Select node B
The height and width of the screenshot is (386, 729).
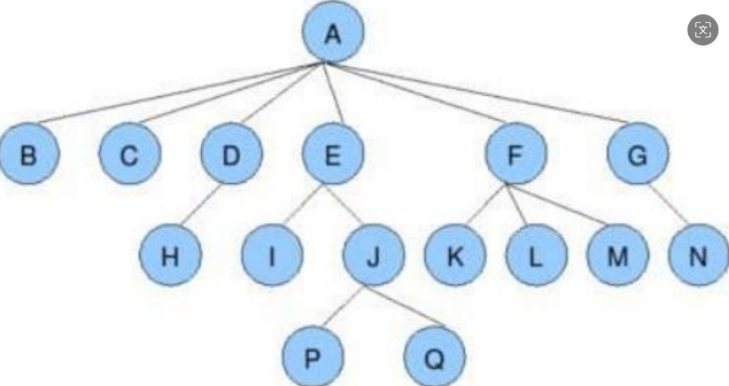[x=28, y=154]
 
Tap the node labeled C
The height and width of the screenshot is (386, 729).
[x=129, y=154]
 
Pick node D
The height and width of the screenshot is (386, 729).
[x=231, y=154]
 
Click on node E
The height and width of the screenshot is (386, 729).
[x=333, y=154]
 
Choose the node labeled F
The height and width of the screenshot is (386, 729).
[x=515, y=154]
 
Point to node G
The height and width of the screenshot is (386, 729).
[x=638, y=154]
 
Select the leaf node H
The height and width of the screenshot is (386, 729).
[x=169, y=256]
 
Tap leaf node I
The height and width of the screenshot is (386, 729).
[x=272, y=256]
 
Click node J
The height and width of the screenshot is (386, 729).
[x=374, y=256]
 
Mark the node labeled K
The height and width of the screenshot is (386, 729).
[x=455, y=256]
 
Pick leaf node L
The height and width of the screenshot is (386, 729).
[x=536, y=256]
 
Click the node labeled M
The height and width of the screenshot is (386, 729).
[x=617, y=256]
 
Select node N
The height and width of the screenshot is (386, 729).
[x=698, y=256]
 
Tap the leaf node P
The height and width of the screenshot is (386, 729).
[x=313, y=358]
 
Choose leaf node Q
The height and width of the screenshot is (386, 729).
[x=434, y=358]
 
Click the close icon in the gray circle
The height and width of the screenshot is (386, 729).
[x=702, y=30]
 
